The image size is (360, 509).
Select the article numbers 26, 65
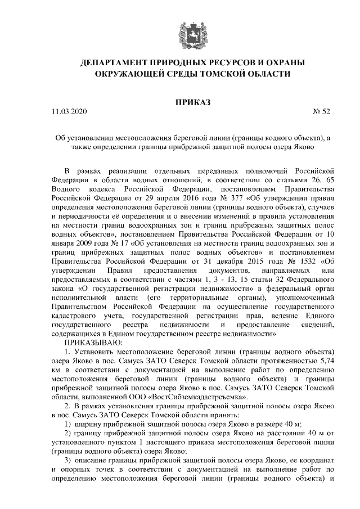click(322, 179)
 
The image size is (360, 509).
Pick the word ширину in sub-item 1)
click(89, 424)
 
